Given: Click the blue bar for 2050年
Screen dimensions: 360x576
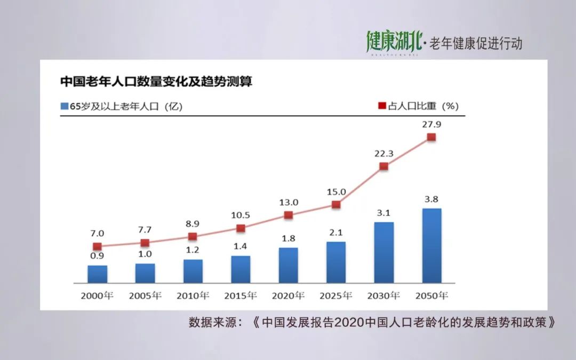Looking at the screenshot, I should click(431, 245).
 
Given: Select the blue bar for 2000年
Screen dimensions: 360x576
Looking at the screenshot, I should click(97, 274).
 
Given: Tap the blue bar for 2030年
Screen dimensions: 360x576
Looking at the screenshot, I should click(384, 252).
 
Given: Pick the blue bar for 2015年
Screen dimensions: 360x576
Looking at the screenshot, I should click(241, 269).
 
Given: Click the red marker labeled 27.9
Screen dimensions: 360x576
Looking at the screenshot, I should click(431, 137).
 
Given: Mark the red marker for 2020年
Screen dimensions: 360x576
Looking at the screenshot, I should click(288, 215).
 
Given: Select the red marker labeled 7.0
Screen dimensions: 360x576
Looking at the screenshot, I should click(97, 246).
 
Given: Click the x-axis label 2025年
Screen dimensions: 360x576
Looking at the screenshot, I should click(336, 295).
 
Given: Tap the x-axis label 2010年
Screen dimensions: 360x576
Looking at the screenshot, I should click(193, 295).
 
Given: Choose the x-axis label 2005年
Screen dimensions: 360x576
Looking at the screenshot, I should click(145, 295).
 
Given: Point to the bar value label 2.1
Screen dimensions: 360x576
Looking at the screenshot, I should click(336, 233).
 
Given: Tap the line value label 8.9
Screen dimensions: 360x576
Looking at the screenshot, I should click(193, 224).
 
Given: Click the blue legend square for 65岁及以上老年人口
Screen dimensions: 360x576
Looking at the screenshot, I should click(64, 106).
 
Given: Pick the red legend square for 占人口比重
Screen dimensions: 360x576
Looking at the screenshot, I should click(382, 106).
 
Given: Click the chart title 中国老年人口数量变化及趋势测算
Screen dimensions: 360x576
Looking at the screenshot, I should click(156, 82).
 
